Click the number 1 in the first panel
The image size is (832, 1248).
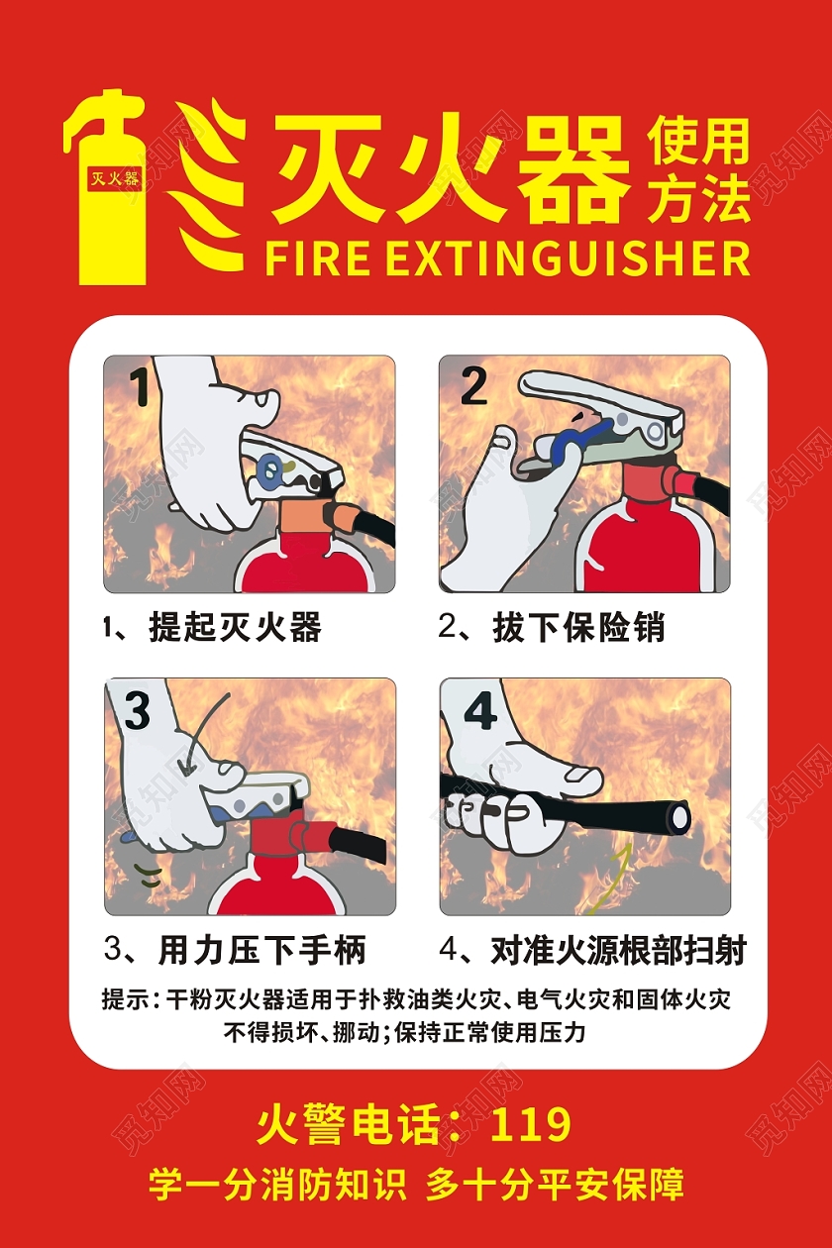(142, 386)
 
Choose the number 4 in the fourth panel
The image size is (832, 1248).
(480, 710)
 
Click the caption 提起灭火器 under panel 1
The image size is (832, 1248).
(235, 627)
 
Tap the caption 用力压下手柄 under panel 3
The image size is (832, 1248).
(261, 951)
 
